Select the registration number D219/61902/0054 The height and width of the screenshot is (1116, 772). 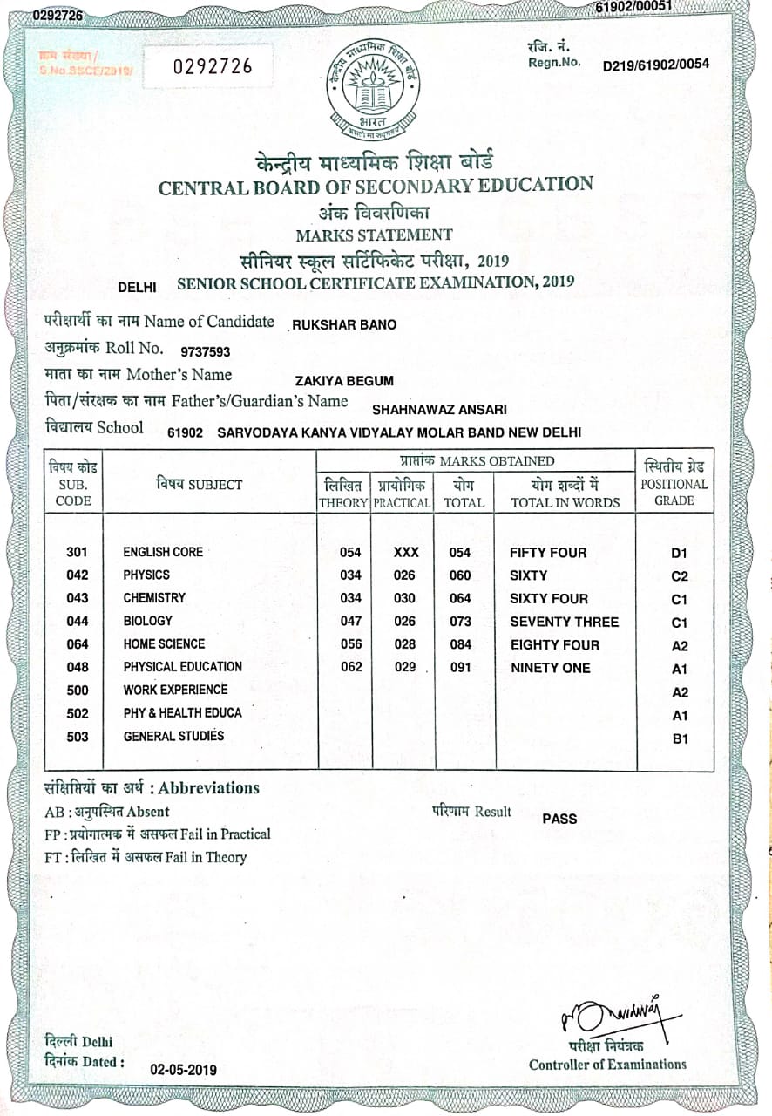tap(655, 65)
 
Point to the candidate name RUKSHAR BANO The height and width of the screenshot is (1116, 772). tap(344, 325)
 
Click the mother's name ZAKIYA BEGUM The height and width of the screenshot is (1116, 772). tap(345, 380)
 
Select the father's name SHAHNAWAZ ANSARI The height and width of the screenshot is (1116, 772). tap(439, 409)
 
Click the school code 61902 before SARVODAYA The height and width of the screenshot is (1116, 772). tap(185, 432)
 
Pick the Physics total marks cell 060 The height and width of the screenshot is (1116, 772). tap(460, 575)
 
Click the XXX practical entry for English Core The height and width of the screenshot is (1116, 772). tap(406, 553)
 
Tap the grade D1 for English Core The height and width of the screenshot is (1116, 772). tap(680, 553)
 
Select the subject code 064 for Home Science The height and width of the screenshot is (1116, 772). tap(78, 644)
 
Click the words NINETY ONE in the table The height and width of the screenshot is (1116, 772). tap(550, 668)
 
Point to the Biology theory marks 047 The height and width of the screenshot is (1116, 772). tap(350, 622)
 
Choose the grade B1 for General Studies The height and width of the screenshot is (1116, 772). tap(680, 738)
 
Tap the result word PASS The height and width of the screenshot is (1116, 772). tap(559, 819)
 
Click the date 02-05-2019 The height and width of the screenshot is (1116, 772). tap(184, 1069)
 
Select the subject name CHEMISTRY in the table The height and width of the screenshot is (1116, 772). tap(154, 598)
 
